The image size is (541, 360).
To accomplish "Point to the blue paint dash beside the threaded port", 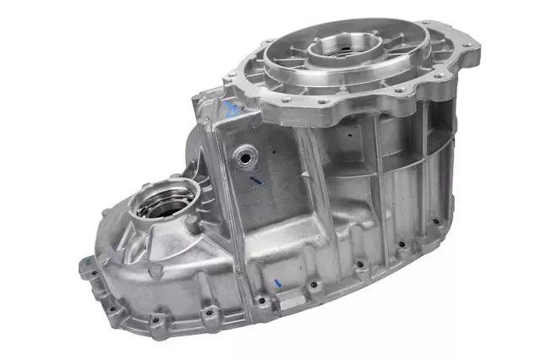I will tap(255, 179).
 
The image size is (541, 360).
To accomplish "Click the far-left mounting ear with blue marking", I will tap(86, 265).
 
